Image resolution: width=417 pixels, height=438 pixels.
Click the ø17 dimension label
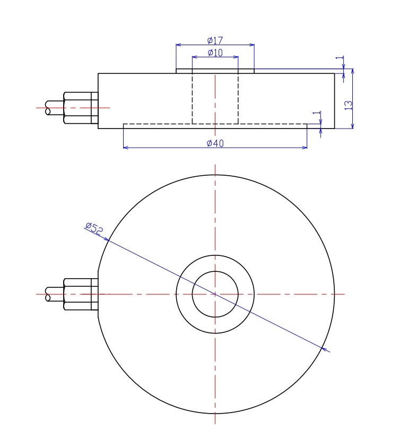click(215, 40)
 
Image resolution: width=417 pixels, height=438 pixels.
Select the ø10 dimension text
click(215, 52)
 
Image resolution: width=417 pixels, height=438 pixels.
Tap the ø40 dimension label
click(215, 143)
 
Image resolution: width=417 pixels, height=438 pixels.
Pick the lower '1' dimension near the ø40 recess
click(317, 115)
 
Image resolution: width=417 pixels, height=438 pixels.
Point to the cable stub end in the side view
click(49, 108)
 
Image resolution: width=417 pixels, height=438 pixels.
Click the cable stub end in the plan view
click(49, 294)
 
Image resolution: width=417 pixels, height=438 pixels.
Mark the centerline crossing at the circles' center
click(215, 294)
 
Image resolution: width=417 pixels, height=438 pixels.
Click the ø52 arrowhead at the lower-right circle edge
click(325, 349)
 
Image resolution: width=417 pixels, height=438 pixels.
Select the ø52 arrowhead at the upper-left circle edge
click(106, 239)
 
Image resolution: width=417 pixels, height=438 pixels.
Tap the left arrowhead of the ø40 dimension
click(126, 147)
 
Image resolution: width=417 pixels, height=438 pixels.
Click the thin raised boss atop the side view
click(215, 71)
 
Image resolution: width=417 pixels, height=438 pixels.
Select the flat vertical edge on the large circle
click(98, 294)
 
